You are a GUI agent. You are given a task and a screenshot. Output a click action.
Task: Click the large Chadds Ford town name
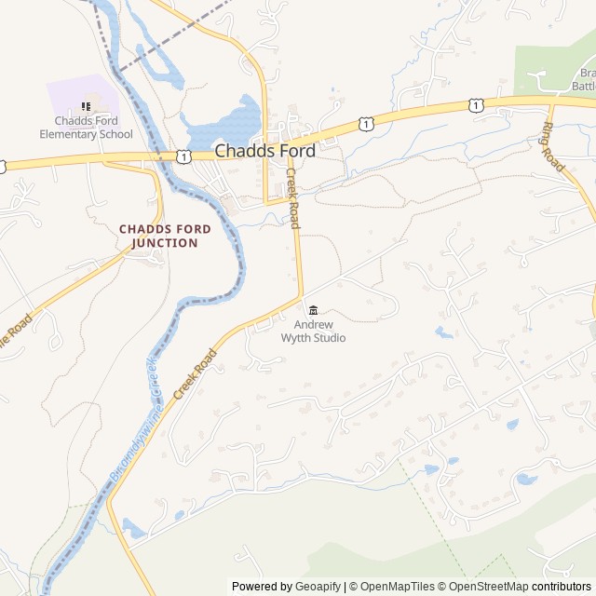pyautogui.click(x=264, y=150)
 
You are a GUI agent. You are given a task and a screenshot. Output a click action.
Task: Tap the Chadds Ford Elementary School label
pyautogui.click(x=86, y=128)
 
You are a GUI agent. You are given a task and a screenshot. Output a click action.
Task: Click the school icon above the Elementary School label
pyautogui.click(x=86, y=107)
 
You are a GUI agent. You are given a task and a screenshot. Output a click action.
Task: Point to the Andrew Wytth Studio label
pyautogui.click(x=313, y=331)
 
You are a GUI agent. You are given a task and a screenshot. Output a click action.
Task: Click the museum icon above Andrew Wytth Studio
pyautogui.click(x=313, y=310)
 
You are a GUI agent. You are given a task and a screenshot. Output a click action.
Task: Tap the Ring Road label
pyautogui.click(x=553, y=146)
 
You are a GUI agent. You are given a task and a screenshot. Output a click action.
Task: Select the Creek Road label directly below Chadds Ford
pyautogui.click(x=292, y=198)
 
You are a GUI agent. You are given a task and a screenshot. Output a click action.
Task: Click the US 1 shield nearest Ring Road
pyautogui.click(x=477, y=106)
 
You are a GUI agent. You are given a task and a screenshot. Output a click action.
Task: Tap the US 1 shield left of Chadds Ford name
pyautogui.click(x=184, y=156)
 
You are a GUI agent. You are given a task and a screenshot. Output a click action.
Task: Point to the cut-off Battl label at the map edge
pyautogui.click(x=584, y=87)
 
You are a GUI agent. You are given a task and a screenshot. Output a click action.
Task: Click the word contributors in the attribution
pyautogui.click(x=562, y=587)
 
